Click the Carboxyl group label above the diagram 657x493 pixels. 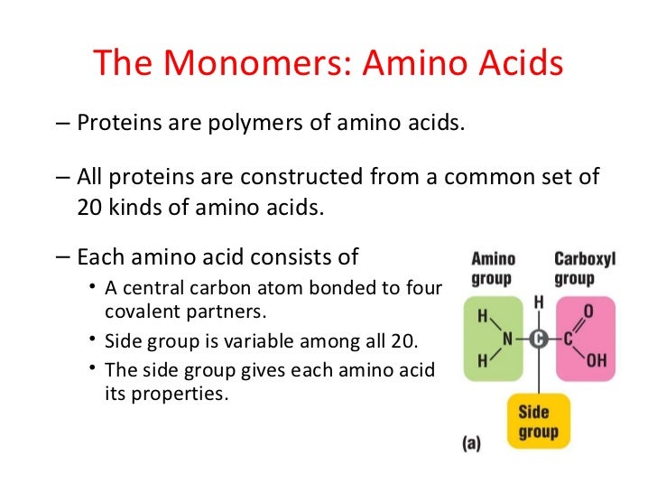(x=584, y=268)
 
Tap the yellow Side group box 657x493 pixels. (x=539, y=420)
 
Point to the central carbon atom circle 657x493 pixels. (x=540, y=340)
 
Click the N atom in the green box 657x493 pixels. (x=508, y=340)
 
